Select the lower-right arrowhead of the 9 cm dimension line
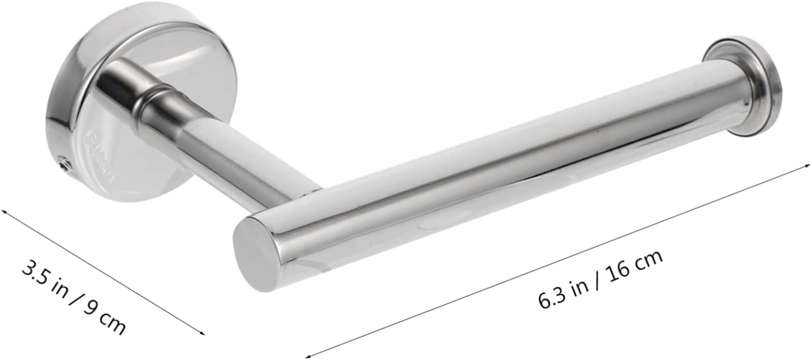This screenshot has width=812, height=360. (x=202, y=333)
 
